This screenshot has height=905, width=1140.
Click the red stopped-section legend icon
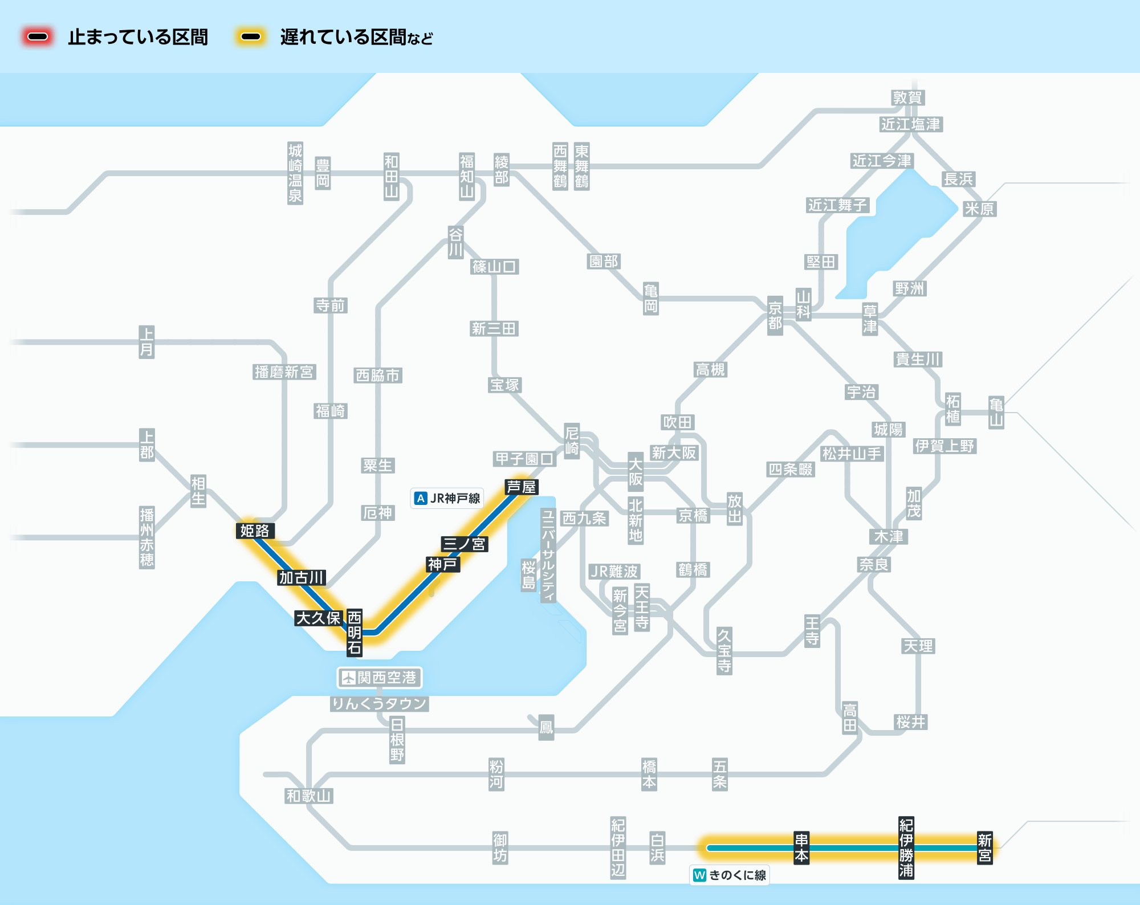click(38, 37)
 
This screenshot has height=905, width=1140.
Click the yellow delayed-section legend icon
click(251, 37)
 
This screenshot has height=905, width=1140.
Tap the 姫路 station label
click(255, 531)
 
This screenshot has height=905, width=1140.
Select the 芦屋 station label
click(522, 487)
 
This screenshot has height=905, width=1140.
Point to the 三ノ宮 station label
click(465, 544)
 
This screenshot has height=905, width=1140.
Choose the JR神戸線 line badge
click(447, 498)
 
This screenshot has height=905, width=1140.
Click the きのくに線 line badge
click(730, 875)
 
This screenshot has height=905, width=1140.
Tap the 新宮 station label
click(985, 848)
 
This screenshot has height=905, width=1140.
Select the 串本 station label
click(801, 848)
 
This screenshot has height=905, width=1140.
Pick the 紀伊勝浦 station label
click(906, 848)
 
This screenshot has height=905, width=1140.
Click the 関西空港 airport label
click(380, 678)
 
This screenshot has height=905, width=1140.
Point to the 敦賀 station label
click(907, 97)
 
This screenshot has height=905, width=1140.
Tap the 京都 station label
click(775, 316)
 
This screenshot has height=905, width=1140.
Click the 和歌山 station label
click(309, 796)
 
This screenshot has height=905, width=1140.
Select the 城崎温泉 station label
click(295, 173)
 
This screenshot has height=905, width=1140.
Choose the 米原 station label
click(979, 209)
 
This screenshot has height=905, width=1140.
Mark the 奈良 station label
click(874, 564)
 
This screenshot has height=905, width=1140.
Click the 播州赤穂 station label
click(147, 537)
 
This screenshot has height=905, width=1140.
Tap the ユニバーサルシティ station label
click(548, 556)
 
